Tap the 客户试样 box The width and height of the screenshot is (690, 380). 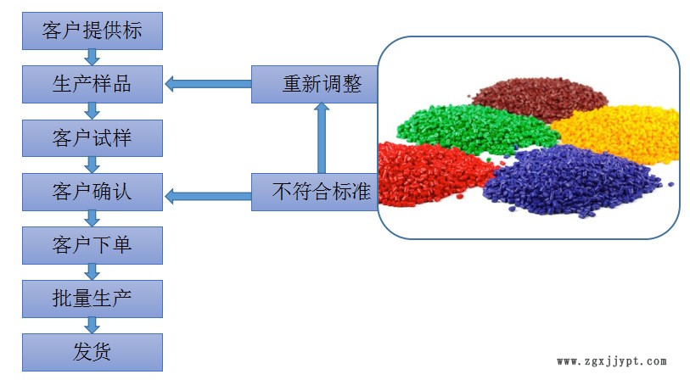pos(92,137)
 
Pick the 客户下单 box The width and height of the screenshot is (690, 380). pos(92,245)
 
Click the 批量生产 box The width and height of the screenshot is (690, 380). pos(92,298)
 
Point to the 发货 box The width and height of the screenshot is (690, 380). pos(92,351)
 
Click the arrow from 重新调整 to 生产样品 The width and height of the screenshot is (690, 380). pos(207,83)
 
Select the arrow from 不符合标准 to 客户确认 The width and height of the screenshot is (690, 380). pos(207,197)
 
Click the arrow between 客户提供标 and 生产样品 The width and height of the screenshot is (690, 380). pos(93,57)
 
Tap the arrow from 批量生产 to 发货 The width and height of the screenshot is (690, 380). pos(93,325)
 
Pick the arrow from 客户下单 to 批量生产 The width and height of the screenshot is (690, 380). pos(93,271)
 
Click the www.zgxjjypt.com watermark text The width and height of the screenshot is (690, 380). pos(611,361)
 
